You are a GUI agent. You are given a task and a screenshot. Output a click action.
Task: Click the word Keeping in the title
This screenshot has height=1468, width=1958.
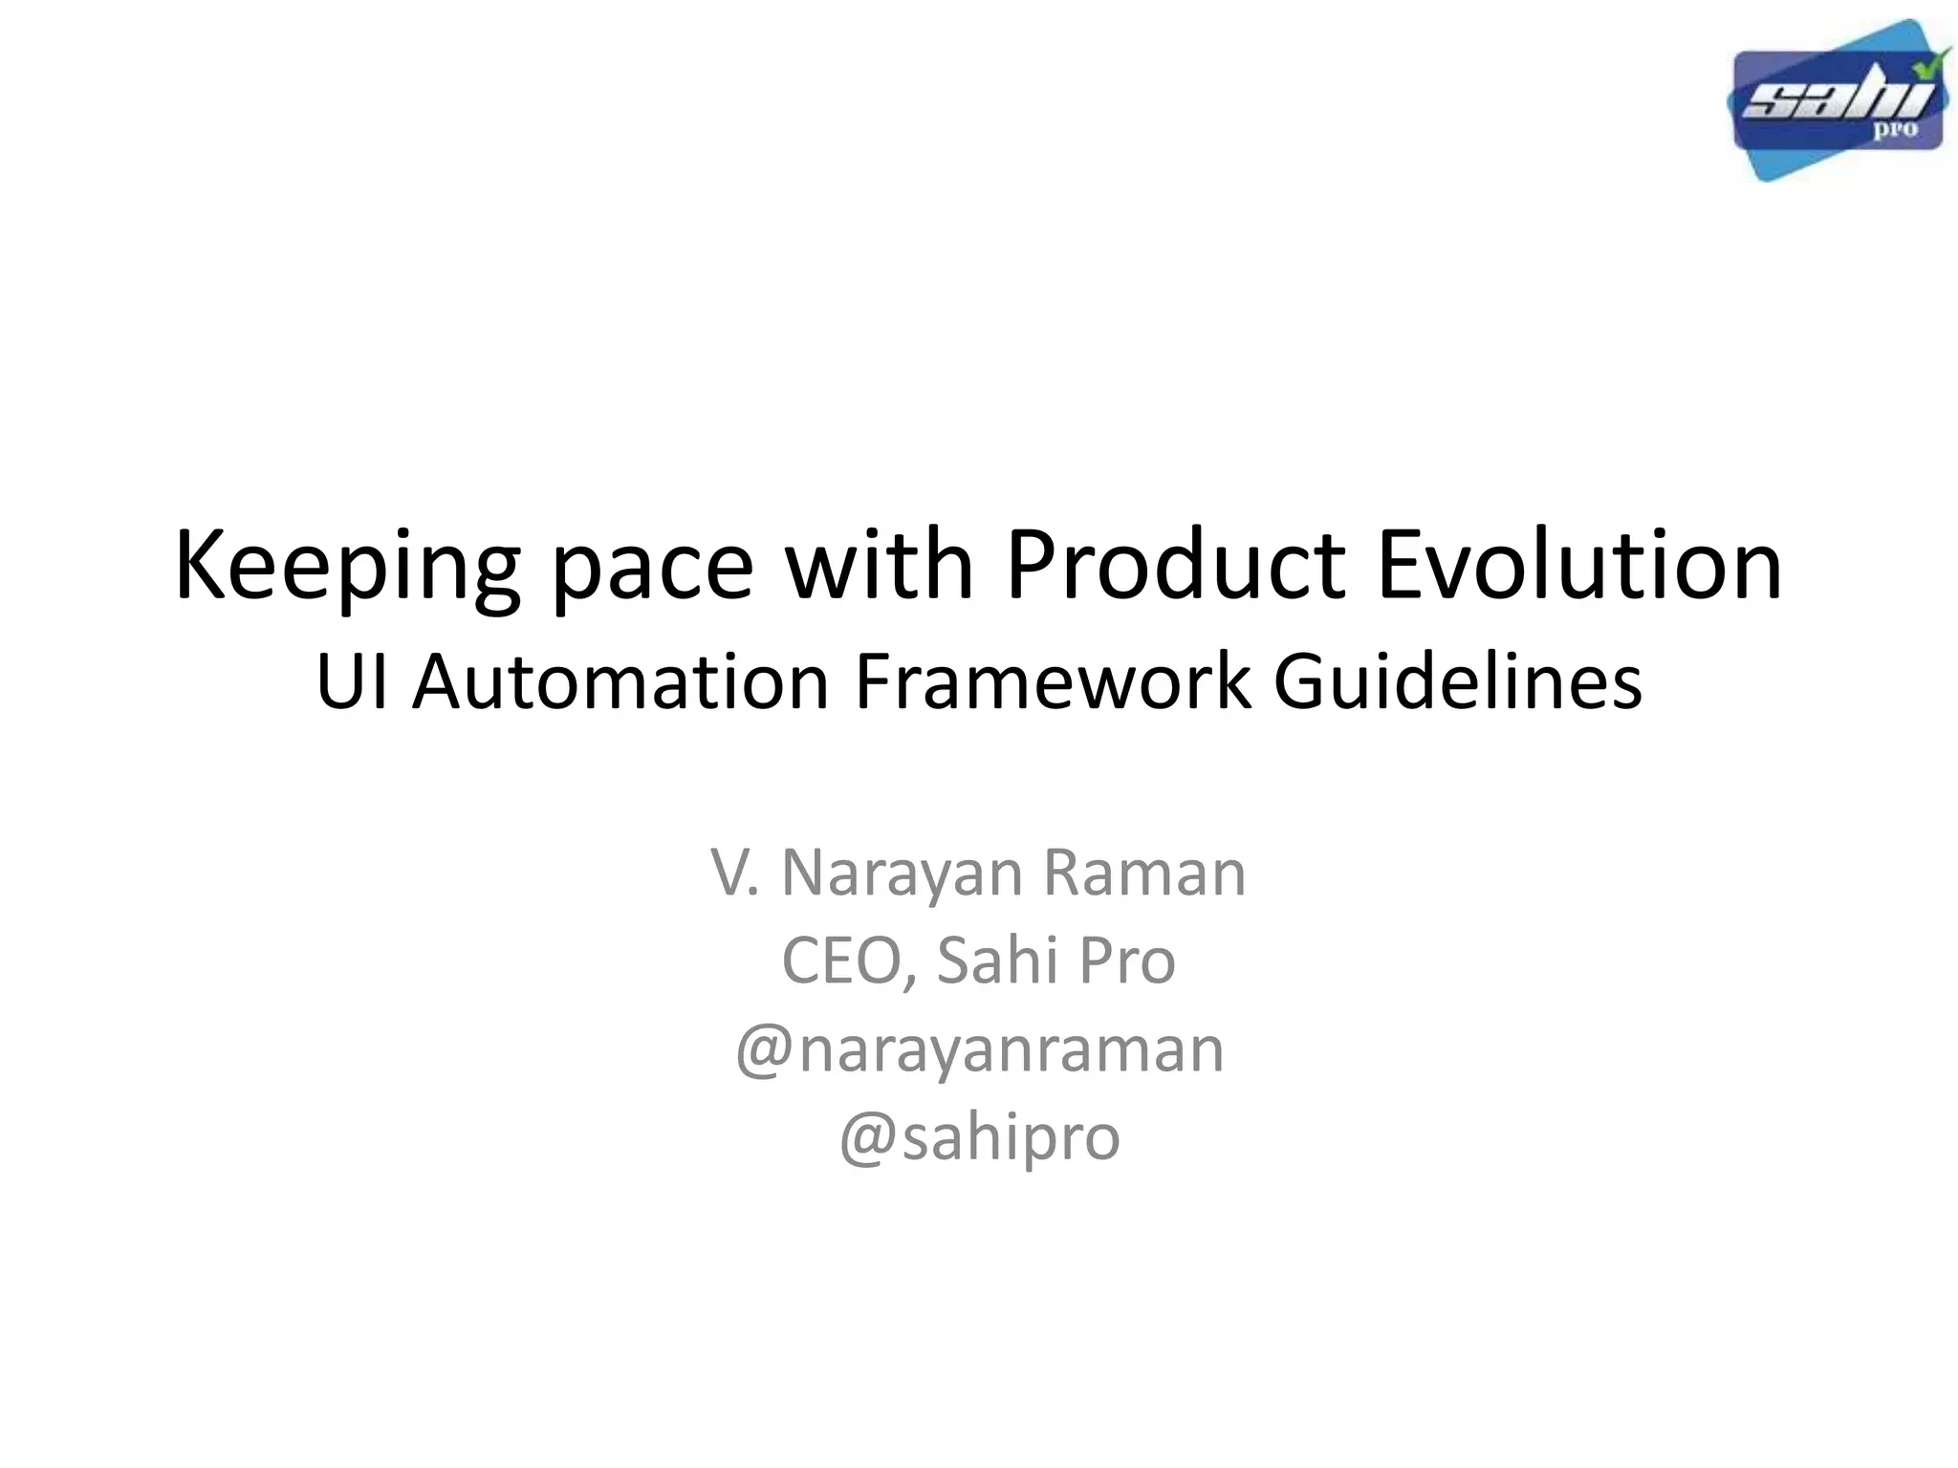click(x=347, y=569)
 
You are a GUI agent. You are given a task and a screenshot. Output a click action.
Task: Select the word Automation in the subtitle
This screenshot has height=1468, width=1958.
click(x=620, y=683)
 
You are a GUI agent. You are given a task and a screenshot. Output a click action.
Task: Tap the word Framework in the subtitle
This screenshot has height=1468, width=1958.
click(x=1052, y=683)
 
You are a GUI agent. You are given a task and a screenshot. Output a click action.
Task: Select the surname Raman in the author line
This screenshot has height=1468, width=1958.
click(x=1143, y=873)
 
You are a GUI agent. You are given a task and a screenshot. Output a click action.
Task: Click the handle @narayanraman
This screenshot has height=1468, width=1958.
click(x=979, y=1049)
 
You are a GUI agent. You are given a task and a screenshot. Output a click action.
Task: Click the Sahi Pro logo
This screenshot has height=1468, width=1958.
click(x=1836, y=101)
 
